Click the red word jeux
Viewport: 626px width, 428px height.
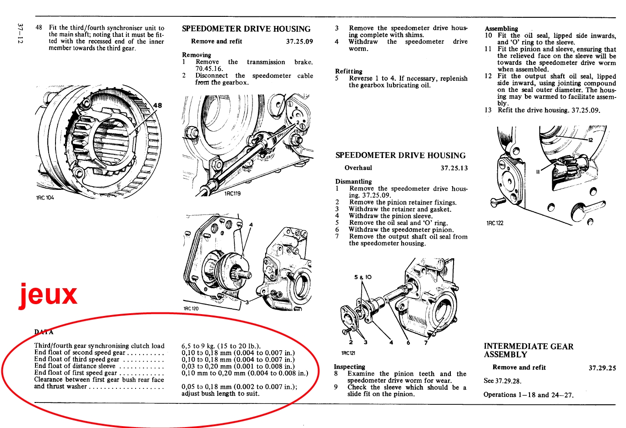(x=48, y=295)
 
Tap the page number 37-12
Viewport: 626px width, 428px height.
(x=20, y=33)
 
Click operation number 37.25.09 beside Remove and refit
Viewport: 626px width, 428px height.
(x=299, y=42)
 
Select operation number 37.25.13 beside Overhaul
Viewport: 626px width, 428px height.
(x=454, y=168)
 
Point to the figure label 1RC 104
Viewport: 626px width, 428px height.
(x=45, y=198)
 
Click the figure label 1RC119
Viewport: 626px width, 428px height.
(x=232, y=194)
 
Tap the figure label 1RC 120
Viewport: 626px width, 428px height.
(x=191, y=309)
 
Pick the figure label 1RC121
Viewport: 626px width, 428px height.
(x=348, y=353)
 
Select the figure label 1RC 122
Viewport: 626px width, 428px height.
(x=495, y=223)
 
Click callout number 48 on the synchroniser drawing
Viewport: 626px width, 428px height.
(x=157, y=106)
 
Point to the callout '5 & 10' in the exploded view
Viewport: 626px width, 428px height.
(x=363, y=277)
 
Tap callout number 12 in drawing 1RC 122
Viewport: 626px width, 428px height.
(x=590, y=140)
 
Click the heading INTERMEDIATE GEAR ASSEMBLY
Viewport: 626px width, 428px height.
(x=529, y=350)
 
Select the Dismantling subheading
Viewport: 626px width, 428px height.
(x=353, y=182)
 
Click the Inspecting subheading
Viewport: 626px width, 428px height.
(x=349, y=367)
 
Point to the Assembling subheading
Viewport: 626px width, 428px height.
(x=501, y=29)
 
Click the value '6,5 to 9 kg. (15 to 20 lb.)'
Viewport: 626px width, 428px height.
(x=221, y=346)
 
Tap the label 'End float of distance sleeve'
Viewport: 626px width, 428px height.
(x=75, y=366)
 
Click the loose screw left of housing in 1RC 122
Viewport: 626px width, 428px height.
(x=498, y=202)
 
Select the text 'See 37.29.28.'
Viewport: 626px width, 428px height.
(x=502, y=381)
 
